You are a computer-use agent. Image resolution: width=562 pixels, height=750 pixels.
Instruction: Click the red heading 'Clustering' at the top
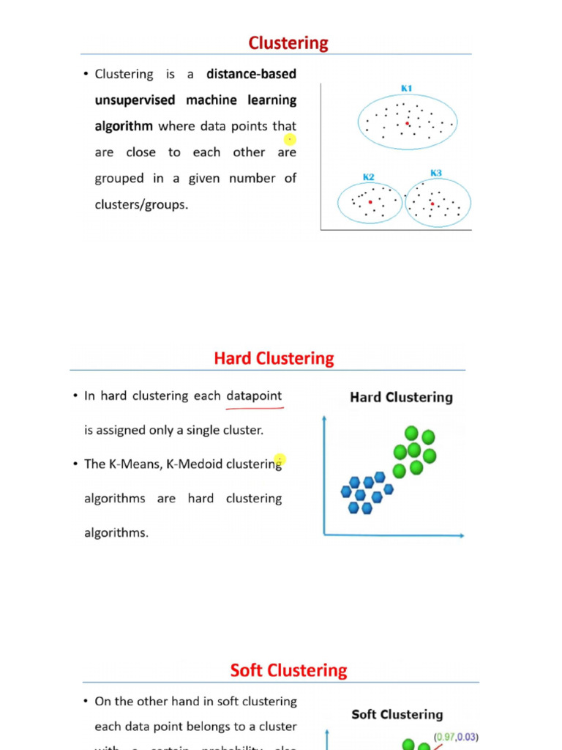click(288, 43)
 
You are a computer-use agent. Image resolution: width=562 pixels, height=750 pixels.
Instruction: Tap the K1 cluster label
click(406, 89)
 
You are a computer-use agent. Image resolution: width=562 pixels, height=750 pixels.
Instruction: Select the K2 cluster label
click(369, 177)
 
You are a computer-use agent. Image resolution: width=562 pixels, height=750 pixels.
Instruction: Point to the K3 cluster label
click(436, 173)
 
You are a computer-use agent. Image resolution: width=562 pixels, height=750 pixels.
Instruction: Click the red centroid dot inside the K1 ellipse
click(408, 124)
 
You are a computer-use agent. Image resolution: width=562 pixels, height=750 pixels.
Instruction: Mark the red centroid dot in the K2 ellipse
click(370, 201)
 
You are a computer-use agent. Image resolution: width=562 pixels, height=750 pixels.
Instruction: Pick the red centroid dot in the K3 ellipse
click(432, 204)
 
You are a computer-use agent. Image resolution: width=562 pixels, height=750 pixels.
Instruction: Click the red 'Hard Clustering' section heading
click(274, 359)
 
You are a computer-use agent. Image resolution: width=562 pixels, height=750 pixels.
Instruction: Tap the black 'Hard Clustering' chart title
click(401, 398)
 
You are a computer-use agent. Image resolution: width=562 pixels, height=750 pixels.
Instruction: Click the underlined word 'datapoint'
click(254, 396)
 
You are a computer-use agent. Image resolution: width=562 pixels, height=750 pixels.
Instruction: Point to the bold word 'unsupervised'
click(137, 100)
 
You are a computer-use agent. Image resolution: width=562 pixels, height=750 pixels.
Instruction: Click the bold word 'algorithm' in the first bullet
click(124, 126)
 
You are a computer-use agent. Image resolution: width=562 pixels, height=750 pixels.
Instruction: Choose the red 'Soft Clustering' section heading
click(288, 670)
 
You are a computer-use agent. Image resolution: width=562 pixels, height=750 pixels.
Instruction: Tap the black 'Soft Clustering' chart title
click(397, 714)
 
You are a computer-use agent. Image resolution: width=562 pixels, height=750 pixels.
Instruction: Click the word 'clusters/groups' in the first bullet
click(141, 205)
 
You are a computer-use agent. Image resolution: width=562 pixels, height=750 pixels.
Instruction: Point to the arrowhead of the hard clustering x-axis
click(461, 535)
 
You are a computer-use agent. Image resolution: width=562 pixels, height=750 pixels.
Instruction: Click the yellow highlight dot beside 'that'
click(290, 139)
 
